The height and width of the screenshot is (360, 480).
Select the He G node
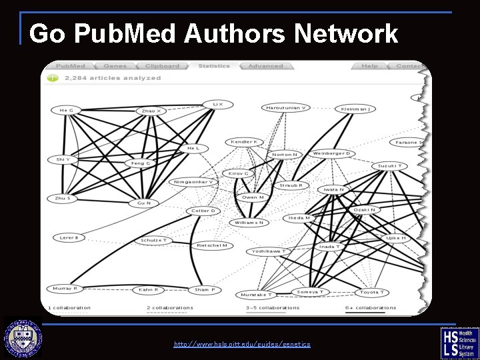pos(67,110)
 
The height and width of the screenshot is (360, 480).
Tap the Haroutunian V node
pos(285,107)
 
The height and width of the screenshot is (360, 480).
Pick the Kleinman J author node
pos(355,109)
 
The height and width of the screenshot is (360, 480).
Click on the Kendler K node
pos(244,142)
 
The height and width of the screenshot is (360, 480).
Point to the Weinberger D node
pos(331,153)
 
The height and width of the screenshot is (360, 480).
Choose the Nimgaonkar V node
pos(193,181)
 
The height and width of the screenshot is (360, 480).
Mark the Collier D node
pos(203,211)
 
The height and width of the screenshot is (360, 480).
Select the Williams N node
pos(249,223)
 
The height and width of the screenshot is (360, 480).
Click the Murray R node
pos(65,289)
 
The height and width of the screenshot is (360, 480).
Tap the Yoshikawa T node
pos(268,251)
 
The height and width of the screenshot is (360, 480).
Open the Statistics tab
pos(213,66)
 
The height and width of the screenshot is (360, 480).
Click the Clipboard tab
pos(162,66)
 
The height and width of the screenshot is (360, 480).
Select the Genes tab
pos(115,66)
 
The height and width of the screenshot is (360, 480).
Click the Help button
pos(369,66)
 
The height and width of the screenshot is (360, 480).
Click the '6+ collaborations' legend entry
pos(371,308)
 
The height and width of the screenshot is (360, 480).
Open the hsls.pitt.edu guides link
pos(241,344)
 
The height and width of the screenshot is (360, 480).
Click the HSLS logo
pos(459,343)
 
